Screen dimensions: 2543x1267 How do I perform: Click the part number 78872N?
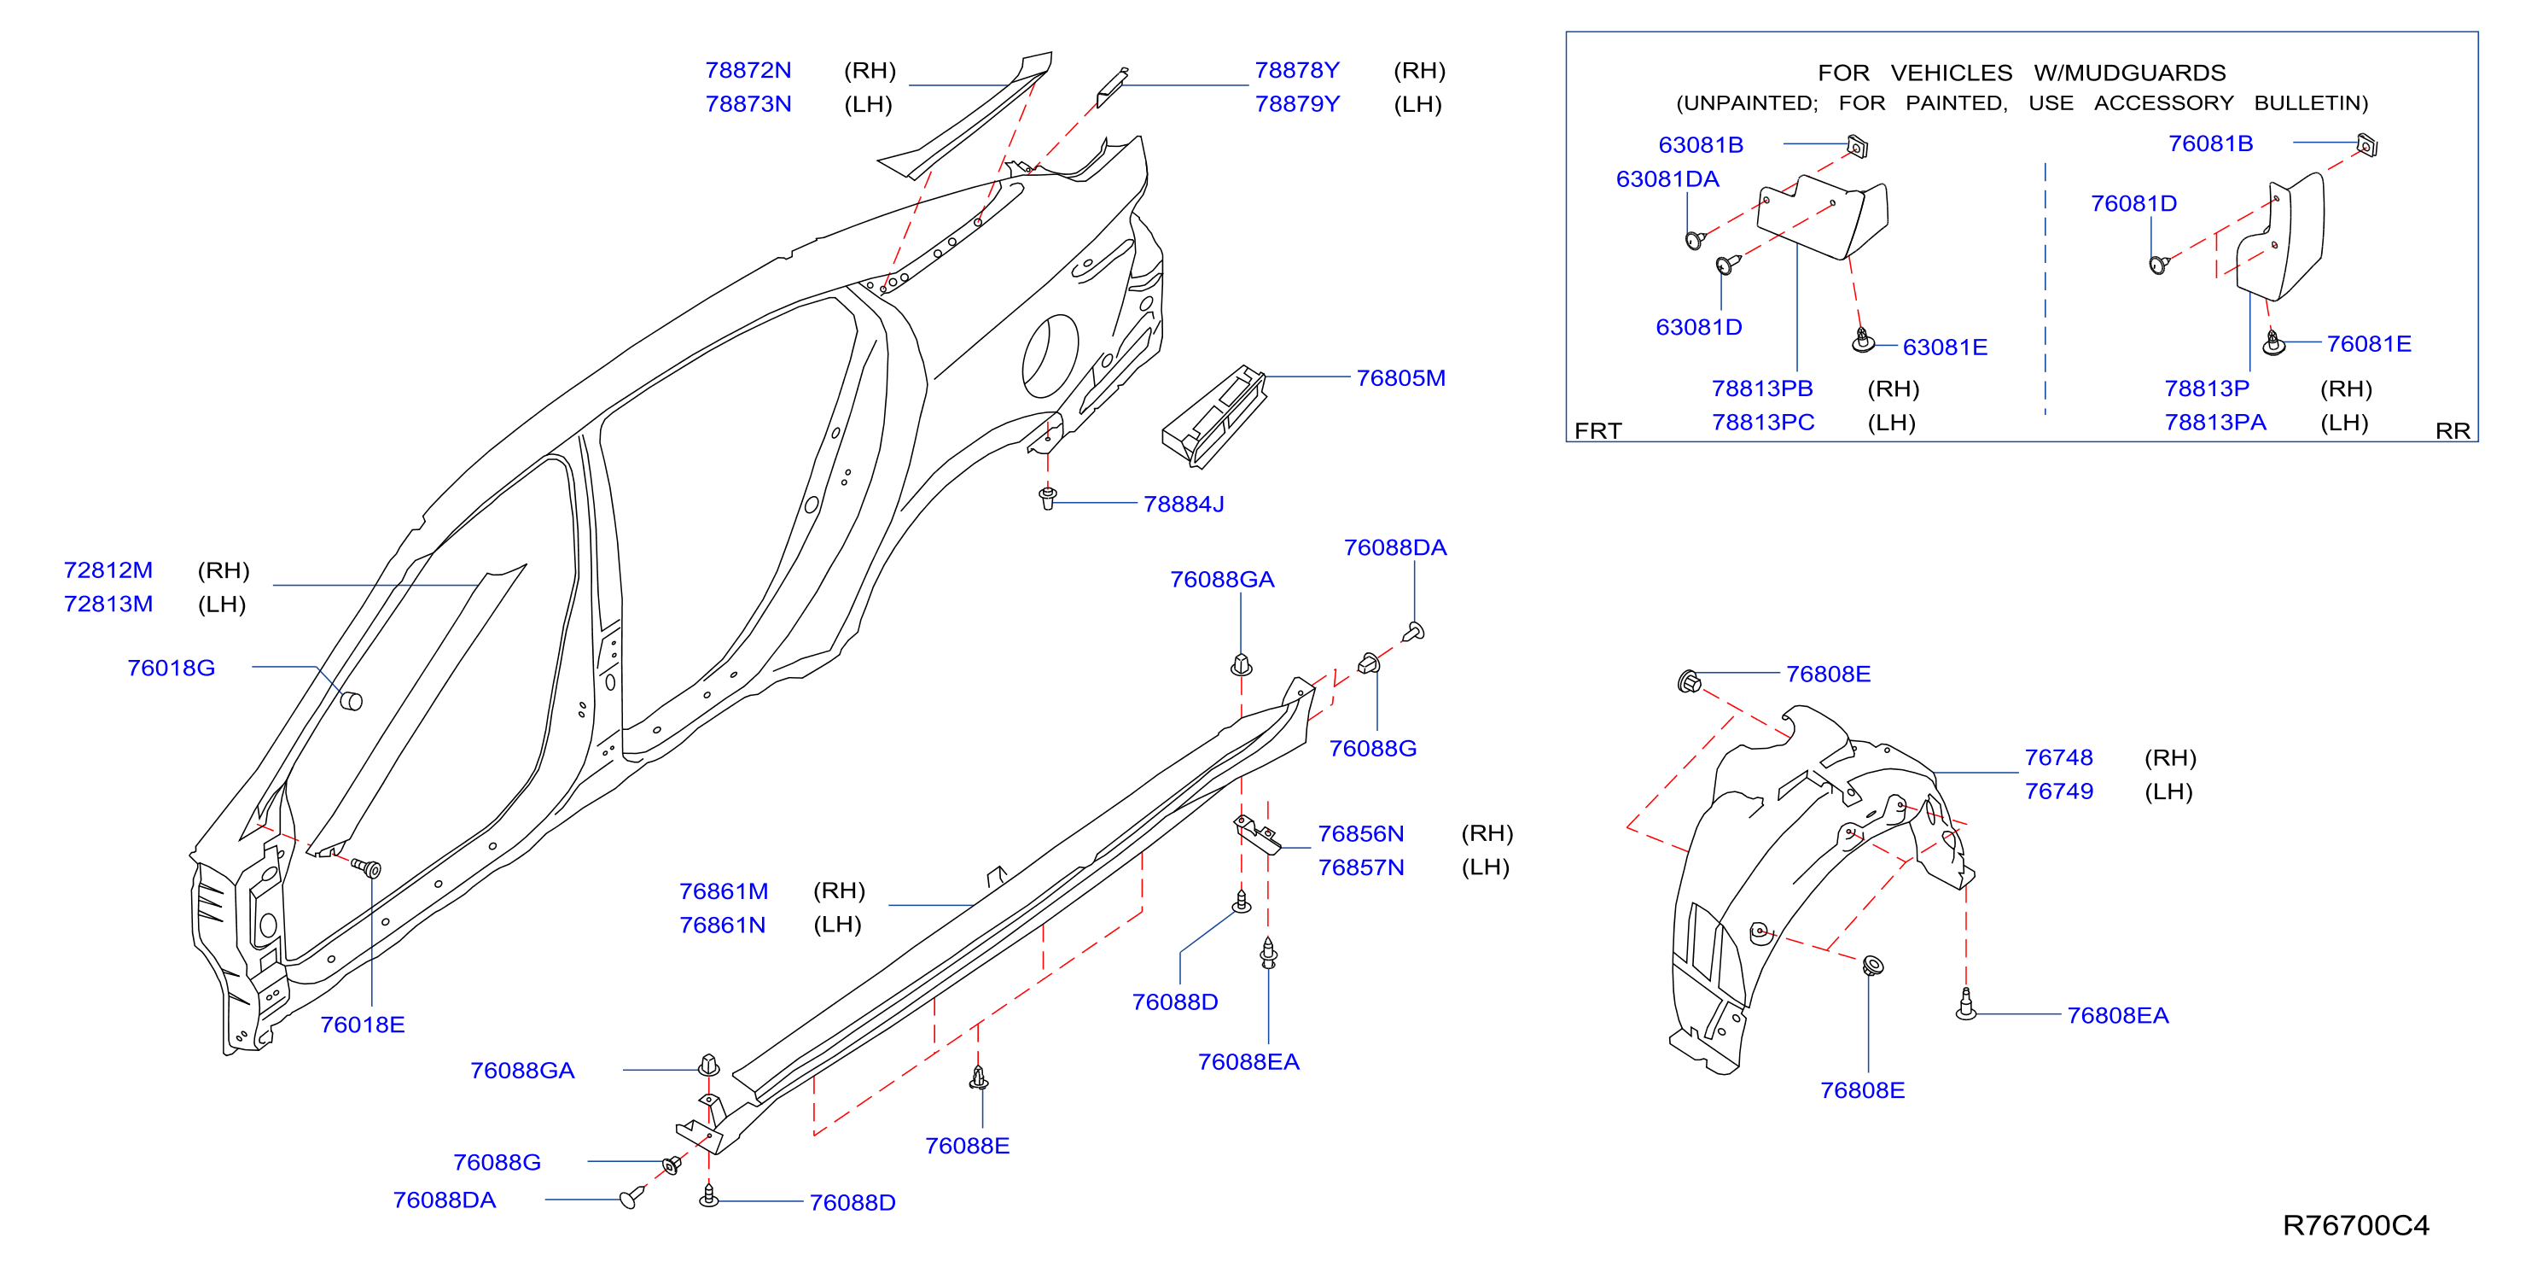(x=748, y=70)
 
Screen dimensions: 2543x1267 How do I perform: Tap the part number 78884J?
(x=1183, y=504)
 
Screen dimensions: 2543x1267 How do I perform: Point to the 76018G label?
(x=171, y=668)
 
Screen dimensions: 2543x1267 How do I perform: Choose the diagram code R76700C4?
(x=2355, y=1224)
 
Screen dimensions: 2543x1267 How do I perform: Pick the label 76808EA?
(x=2117, y=1015)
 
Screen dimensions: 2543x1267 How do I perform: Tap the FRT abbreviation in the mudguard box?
(x=1597, y=430)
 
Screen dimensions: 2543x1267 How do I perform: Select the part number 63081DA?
(x=1667, y=178)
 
